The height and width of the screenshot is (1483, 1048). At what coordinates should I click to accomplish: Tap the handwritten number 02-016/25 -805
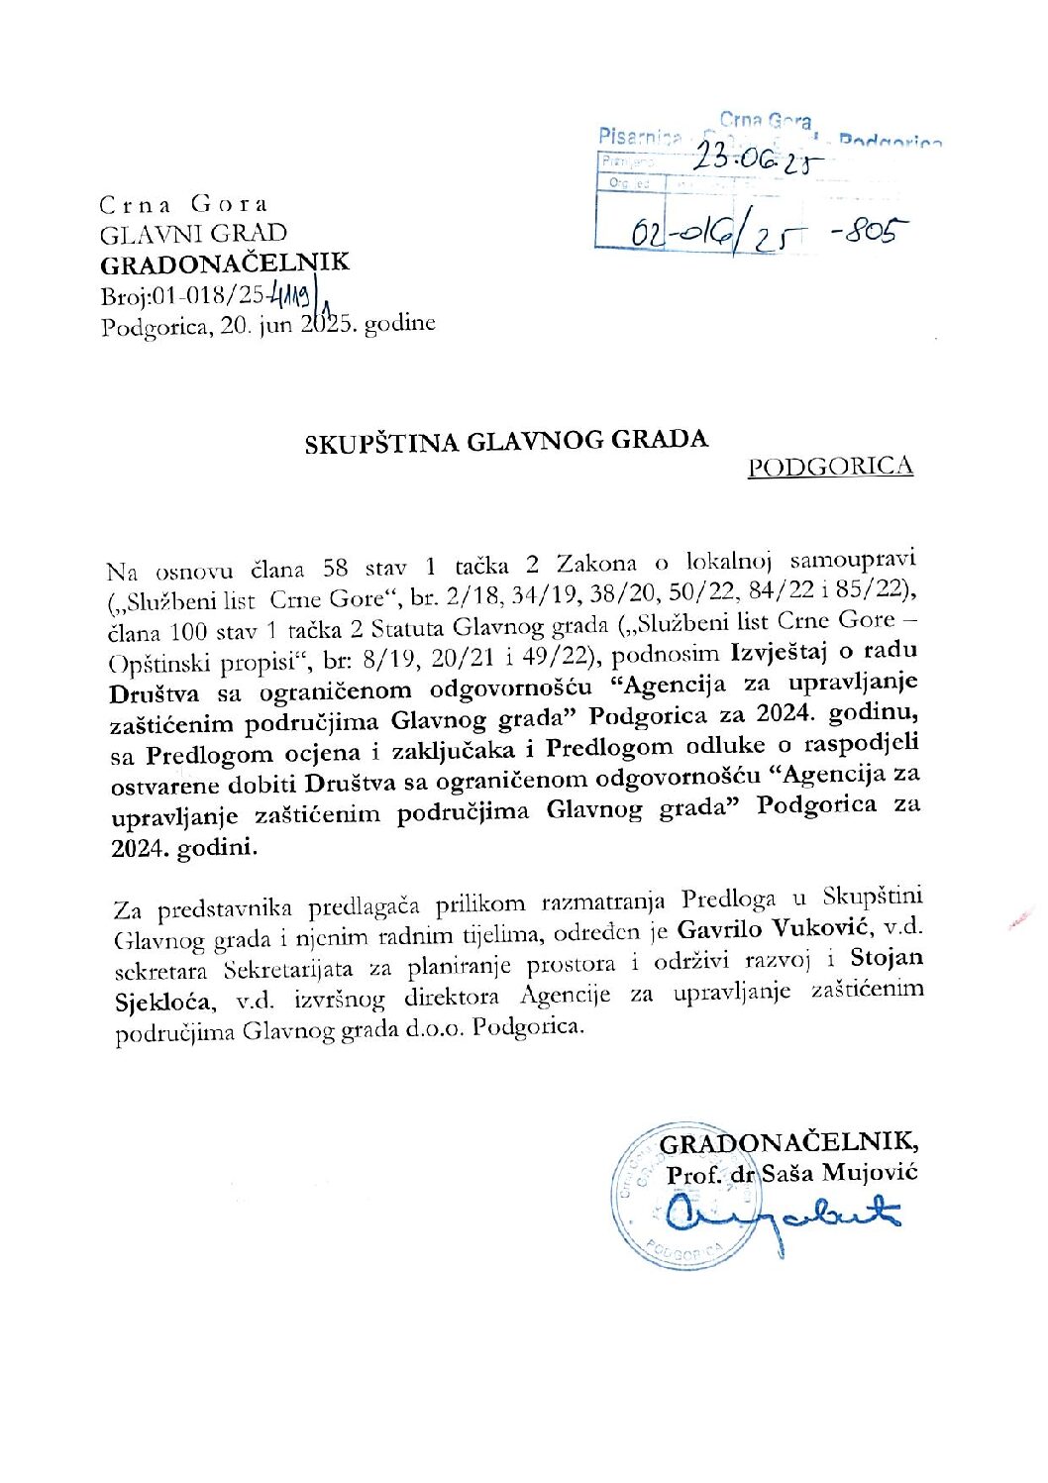click(768, 235)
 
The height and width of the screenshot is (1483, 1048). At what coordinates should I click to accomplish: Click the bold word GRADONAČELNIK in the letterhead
click(225, 265)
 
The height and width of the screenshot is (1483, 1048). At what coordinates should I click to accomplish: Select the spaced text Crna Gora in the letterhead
click(183, 205)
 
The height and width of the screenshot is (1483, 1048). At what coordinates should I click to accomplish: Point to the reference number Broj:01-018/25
click(182, 296)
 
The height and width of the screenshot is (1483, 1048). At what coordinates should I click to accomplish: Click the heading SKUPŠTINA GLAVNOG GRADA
click(506, 441)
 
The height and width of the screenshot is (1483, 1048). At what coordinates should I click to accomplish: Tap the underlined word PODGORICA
click(830, 467)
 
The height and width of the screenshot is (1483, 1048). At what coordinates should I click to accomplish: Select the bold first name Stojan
click(887, 958)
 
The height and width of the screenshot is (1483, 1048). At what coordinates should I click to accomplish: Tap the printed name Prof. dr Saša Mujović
click(792, 1174)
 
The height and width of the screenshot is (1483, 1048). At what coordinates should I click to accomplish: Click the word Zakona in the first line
click(596, 564)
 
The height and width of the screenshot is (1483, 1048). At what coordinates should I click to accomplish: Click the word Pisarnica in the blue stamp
click(639, 135)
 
